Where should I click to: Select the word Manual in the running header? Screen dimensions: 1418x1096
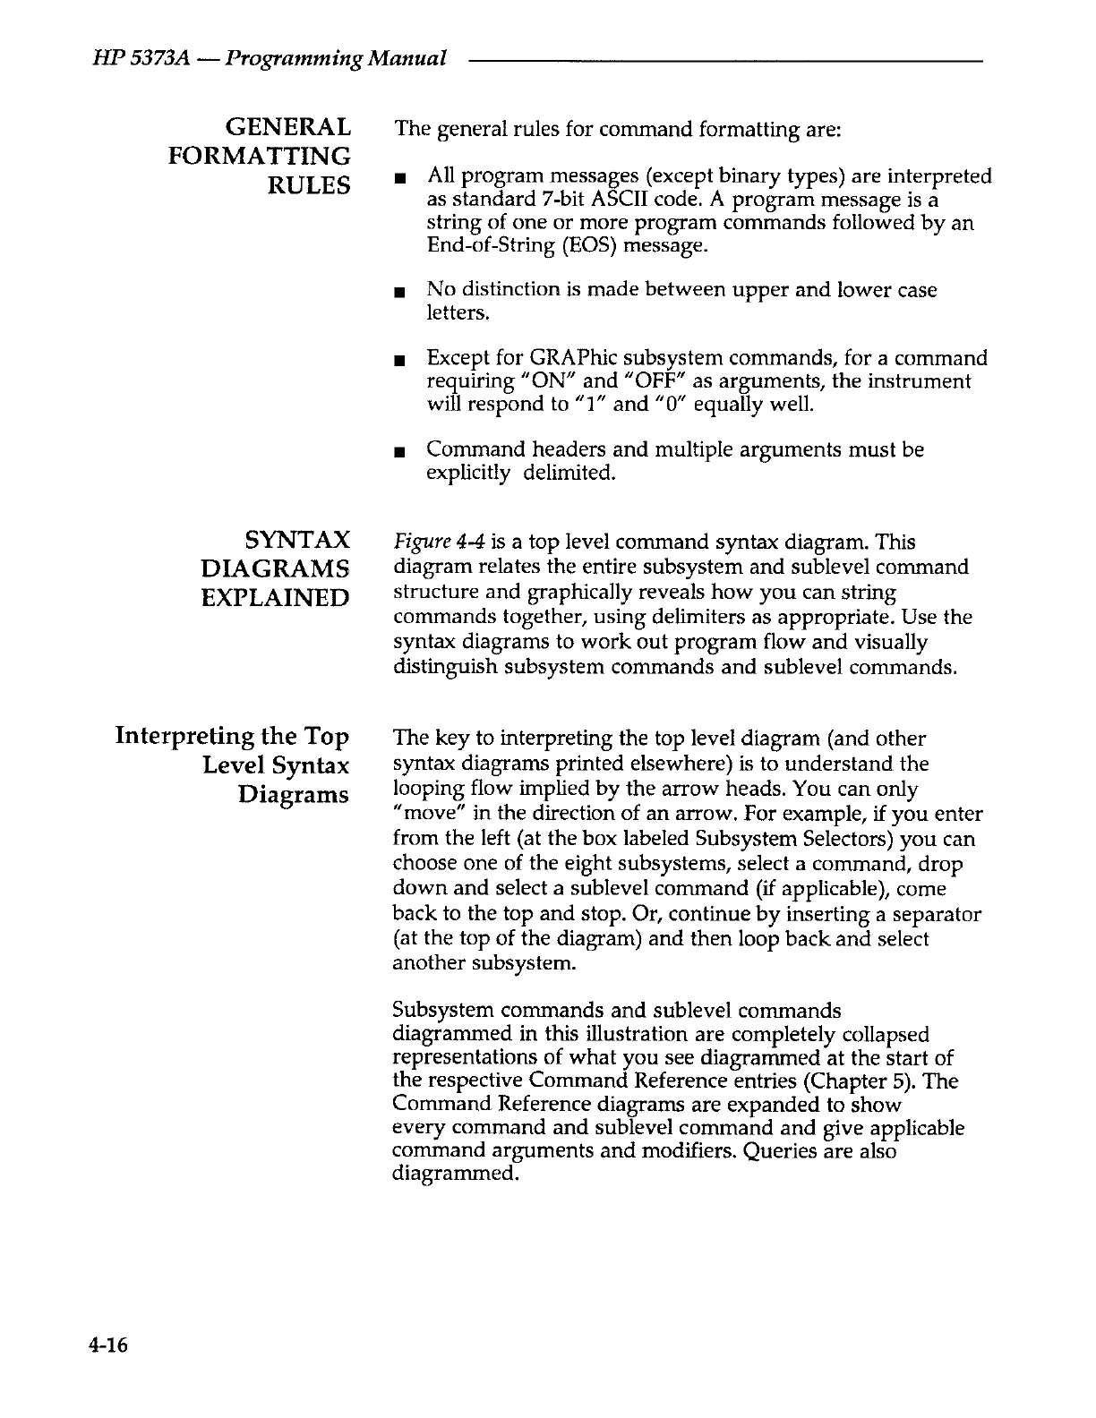click(x=411, y=59)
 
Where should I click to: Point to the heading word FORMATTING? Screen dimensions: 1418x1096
click(x=260, y=157)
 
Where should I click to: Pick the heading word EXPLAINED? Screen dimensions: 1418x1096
click(x=275, y=597)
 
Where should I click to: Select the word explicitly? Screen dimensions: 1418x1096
click(x=467, y=474)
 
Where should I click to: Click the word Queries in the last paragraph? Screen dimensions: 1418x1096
click(x=781, y=1151)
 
